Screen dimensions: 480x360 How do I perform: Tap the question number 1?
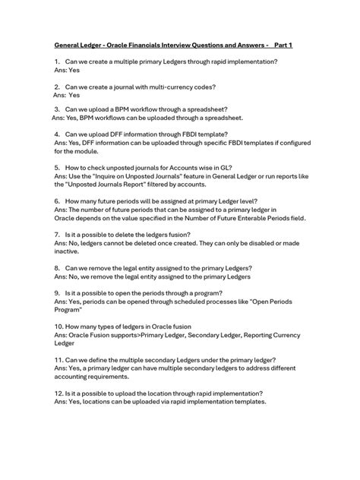(57, 61)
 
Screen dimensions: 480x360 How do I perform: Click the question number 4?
(57, 134)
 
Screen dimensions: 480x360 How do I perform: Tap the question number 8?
(57, 267)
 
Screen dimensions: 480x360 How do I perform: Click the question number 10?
(58, 325)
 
